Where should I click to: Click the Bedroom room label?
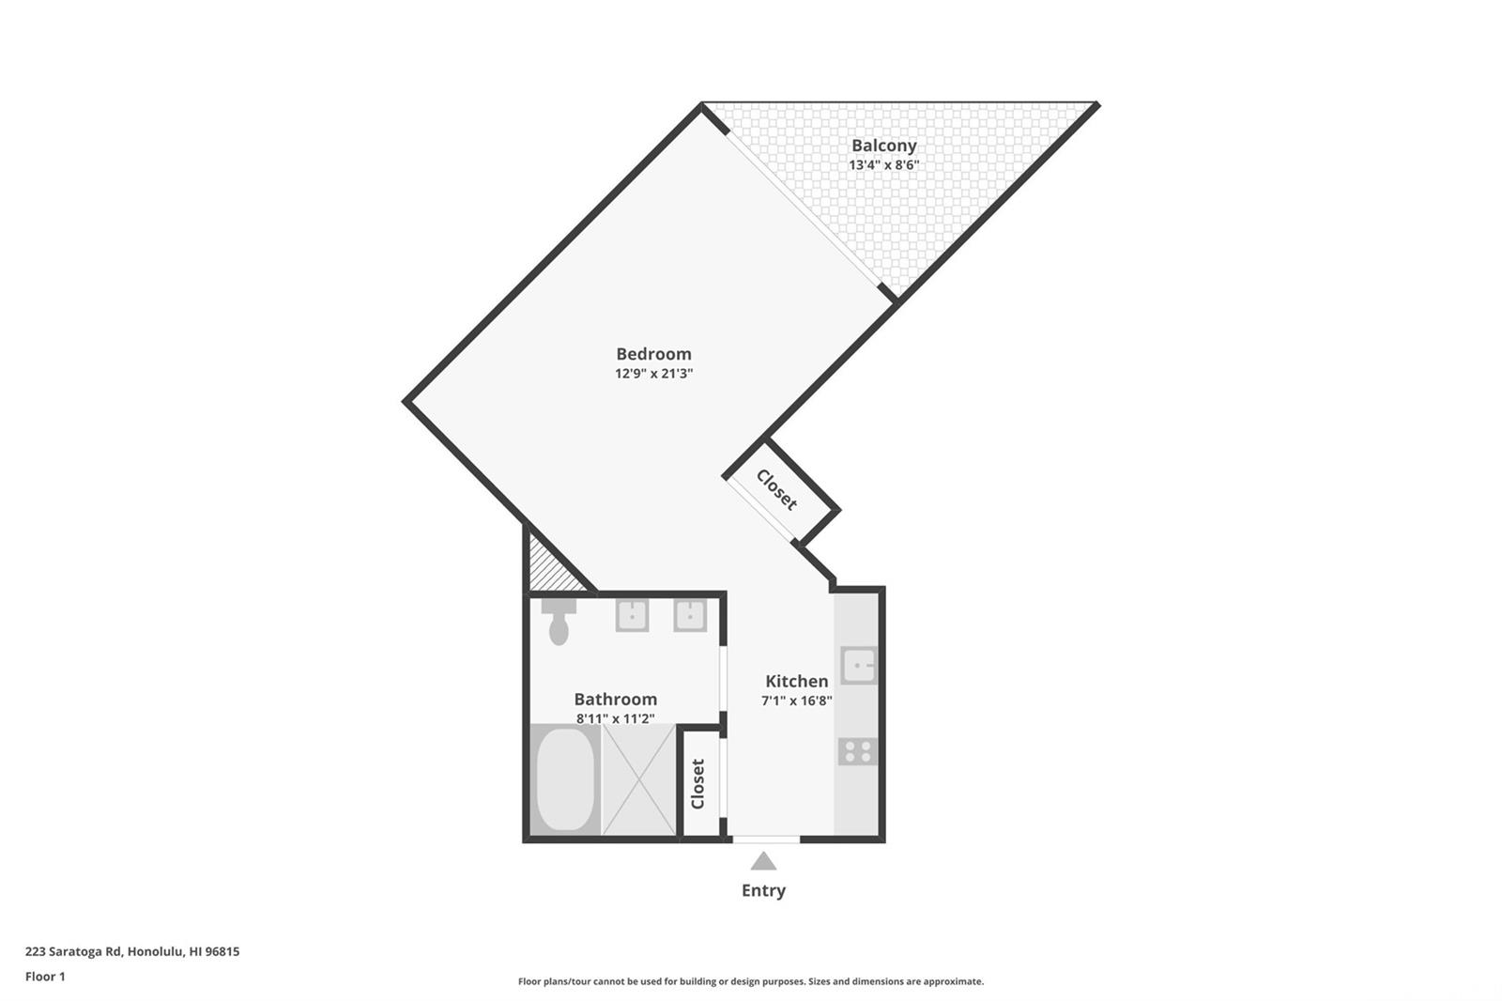click(653, 354)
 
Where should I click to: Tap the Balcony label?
click(883, 146)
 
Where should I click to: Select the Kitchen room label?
click(797, 681)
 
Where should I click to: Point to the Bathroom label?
click(616, 699)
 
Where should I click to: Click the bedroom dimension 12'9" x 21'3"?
click(653, 374)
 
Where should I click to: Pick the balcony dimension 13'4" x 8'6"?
click(883, 165)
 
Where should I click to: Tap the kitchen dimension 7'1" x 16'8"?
click(797, 701)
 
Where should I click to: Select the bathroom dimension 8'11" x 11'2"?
click(616, 718)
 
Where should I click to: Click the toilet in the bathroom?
click(559, 622)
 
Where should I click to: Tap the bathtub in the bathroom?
click(565, 779)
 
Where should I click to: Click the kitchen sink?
click(858, 666)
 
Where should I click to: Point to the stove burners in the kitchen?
click(858, 751)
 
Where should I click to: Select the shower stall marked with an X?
click(639, 779)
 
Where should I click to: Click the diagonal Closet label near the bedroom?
click(776, 490)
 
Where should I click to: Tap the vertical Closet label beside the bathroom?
click(698, 784)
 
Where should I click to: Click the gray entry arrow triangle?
click(763, 861)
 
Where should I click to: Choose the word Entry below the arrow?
click(763, 890)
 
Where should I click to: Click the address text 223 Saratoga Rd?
click(74, 951)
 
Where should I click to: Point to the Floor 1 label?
click(45, 977)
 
